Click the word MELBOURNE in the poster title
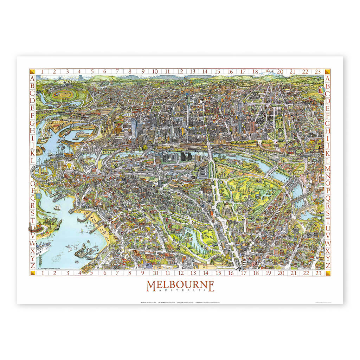tap(180, 285)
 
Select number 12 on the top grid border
tap(180, 72)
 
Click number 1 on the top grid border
tap(42, 72)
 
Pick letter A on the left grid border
tap(32, 78)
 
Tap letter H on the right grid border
tap(328, 131)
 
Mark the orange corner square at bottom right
tap(328, 273)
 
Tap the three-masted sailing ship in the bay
tap(57, 207)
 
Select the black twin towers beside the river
tap(185, 157)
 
